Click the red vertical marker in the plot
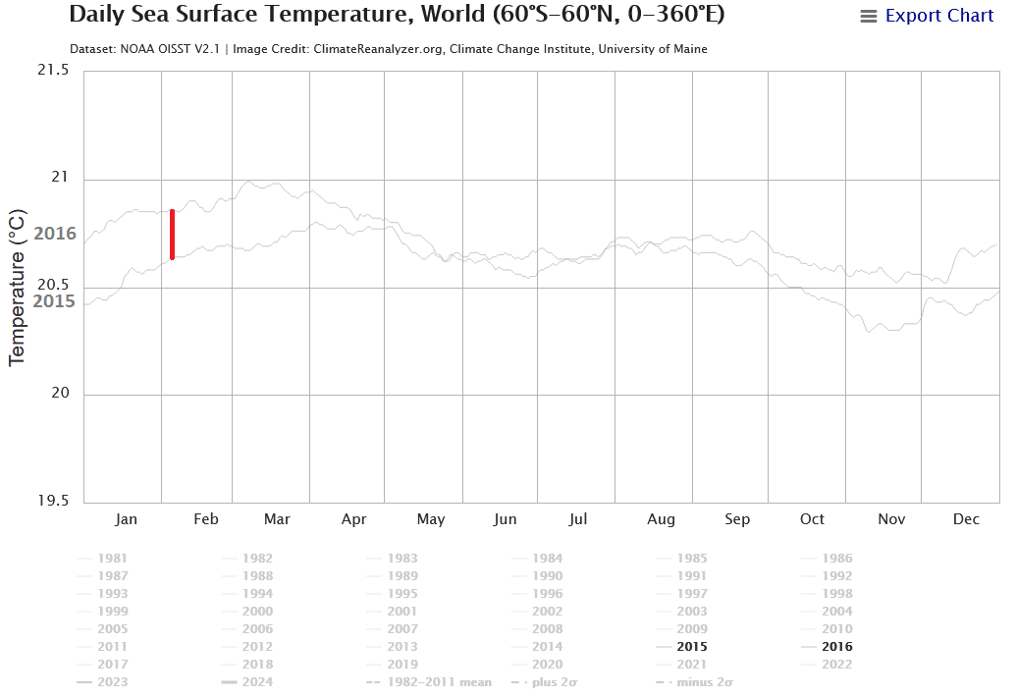click(x=172, y=235)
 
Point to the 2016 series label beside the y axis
click(x=55, y=234)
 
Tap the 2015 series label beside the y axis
click(x=55, y=300)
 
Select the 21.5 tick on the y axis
click(x=53, y=72)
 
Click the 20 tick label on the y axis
click(x=60, y=394)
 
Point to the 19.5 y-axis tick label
click(x=53, y=501)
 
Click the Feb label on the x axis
click(x=205, y=519)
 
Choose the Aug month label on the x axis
click(x=661, y=519)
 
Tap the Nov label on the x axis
click(x=891, y=519)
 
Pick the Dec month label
click(x=967, y=519)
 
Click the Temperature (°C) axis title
click(x=17, y=287)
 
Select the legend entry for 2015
click(x=690, y=647)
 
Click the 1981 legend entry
click(x=112, y=559)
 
